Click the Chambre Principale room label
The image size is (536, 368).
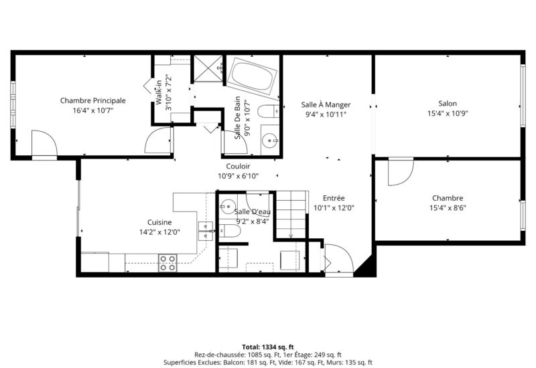tap(92, 100)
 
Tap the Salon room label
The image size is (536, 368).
tap(448, 103)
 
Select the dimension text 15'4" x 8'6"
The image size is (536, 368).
tap(448, 207)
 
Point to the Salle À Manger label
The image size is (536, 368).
tap(326, 104)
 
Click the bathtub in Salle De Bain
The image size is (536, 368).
tap(253, 77)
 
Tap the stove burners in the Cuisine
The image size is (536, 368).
tap(167, 263)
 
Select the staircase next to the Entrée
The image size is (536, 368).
tap(291, 214)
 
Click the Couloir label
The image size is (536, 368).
tap(238, 166)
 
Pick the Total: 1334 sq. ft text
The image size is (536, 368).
tap(268, 347)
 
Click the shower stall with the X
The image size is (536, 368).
tap(208, 68)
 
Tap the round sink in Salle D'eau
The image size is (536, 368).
tap(227, 206)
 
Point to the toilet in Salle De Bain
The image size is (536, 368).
tap(268, 112)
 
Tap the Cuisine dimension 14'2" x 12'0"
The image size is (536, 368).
tap(159, 232)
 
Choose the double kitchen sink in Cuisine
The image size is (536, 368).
tap(205, 231)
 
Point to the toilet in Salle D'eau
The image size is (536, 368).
tap(230, 231)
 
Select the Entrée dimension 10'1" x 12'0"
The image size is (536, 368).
tap(334, 207)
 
